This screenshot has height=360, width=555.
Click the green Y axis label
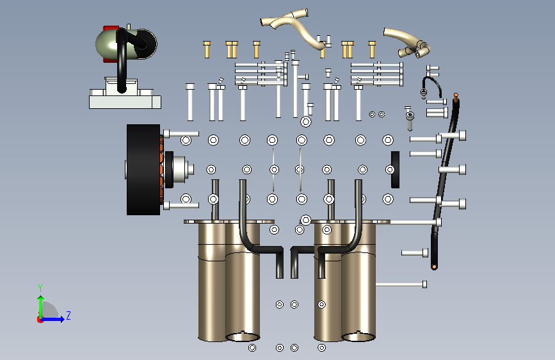tap(40, 288)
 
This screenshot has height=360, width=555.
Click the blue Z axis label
tap(68, 315)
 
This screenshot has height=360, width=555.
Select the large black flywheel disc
tap(143, 170)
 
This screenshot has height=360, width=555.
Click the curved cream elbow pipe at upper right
tap(408, 42)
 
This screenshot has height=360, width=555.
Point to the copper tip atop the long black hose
tap(456, 95)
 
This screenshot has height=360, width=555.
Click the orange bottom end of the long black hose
tap(434, 266)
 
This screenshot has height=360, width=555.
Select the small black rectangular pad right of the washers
tap(396, 170)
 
